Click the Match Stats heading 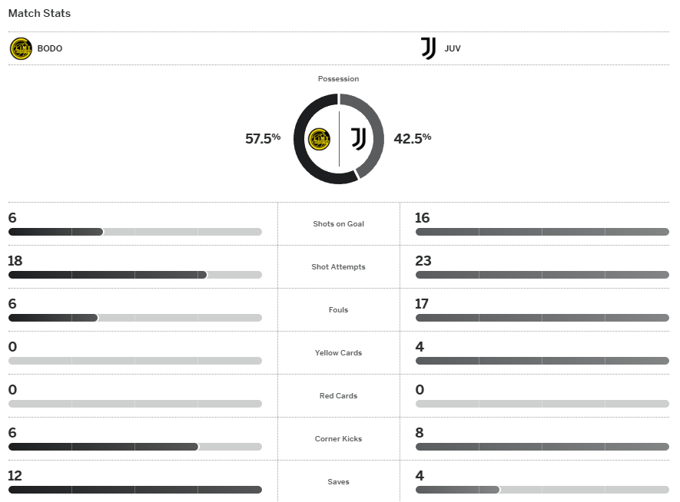click(39, 14)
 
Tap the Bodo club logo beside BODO click(21, 48)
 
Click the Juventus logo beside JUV click(428, 48)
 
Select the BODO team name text click(50, 48)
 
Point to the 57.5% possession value click(263, 139)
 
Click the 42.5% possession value click(413, 138)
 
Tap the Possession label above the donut click(338, 79)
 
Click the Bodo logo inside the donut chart click(319, 139)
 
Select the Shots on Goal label click(338, 224)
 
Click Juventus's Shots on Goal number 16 click(422, 218)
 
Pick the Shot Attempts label click(338, 267)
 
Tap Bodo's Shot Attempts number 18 click(15, 261)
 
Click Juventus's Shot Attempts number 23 click(423, 261)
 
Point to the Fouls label click(338, 310)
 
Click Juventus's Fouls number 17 click(422, 304)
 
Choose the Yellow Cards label click(338, 353)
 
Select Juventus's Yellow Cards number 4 click(420, 347)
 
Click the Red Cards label click(338, 396)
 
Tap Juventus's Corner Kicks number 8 click(420, 433)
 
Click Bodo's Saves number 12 click(15, 476)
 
